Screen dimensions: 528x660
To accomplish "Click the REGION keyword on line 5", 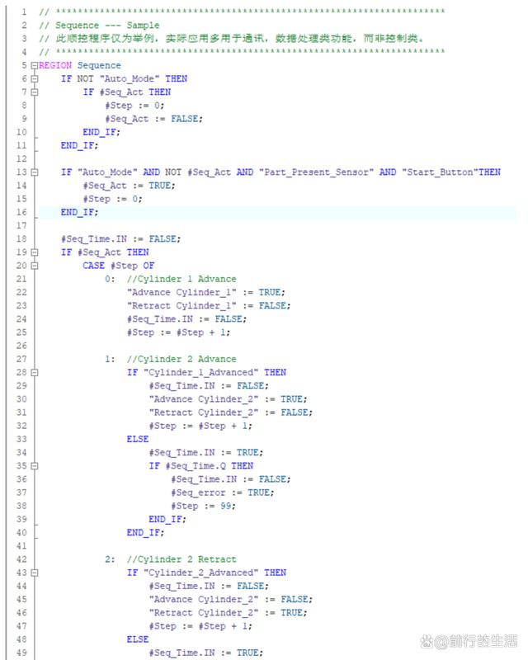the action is point(56,65).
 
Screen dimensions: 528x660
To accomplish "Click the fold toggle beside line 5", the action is point(34,65).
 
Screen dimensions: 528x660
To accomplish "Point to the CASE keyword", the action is point(93,266).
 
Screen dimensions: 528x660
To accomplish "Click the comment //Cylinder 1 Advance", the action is point(181,279).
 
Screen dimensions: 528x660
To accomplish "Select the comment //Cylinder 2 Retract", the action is point(181,559).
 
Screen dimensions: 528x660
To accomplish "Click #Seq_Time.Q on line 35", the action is point(197,465).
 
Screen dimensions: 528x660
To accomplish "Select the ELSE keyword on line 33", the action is point(138,439).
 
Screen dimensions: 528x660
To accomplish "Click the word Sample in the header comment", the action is point(143,26).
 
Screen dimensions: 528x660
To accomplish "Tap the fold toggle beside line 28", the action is point(34,372).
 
